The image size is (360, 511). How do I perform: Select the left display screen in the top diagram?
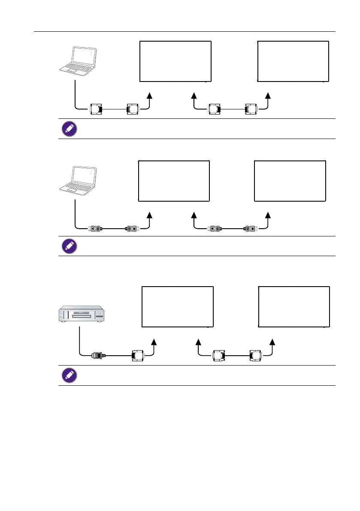pyautogui.click(x=175, y=61)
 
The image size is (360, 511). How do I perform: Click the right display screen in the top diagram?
pyautogui.click(x=293, y=61)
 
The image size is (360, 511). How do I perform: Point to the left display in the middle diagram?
pyautogui.click(x=174, y=180)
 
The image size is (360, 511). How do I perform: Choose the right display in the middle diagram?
pyautogui.click(x=290, y=180)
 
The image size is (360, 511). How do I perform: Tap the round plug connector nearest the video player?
pyautogui.click(x=98, y=355)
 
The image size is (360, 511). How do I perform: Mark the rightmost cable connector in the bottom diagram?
pyautogui.click(x=255, y=356)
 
